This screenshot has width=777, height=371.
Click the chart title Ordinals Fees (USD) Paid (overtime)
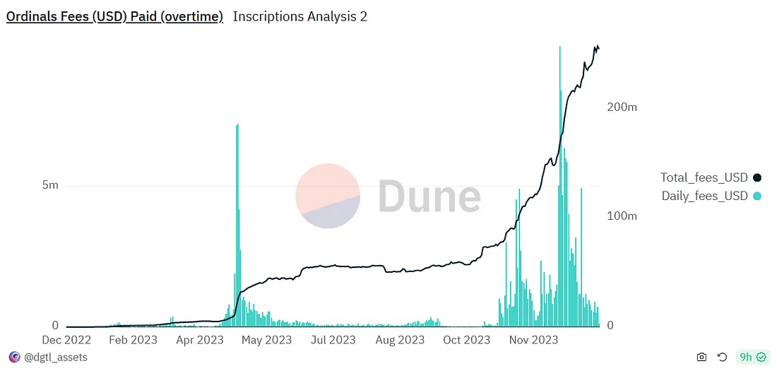tap(114, 16)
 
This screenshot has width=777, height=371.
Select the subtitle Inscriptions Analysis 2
tap(300, 16)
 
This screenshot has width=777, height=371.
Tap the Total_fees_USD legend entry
tap(704, 177)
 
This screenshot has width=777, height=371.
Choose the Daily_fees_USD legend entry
tap(704, 196)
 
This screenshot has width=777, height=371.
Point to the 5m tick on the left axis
tap(50, 185)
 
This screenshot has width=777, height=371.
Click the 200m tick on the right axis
tap(622, 107)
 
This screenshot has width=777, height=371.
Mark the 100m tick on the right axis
tap(622, 216)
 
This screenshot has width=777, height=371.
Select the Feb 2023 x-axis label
tap(134, 340)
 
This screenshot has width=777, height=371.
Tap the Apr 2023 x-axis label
tap(200, 340)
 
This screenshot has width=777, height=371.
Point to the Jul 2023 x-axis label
tap(333, 340)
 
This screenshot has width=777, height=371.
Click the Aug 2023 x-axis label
tap(400, 340)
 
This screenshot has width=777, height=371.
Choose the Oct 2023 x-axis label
tap(466, 340)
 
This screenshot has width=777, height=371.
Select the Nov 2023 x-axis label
tap(534, 340)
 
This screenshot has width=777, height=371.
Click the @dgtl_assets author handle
tap(56, 358)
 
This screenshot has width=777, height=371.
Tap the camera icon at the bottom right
tap(701, 358)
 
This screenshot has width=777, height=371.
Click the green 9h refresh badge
tap(750, 358)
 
